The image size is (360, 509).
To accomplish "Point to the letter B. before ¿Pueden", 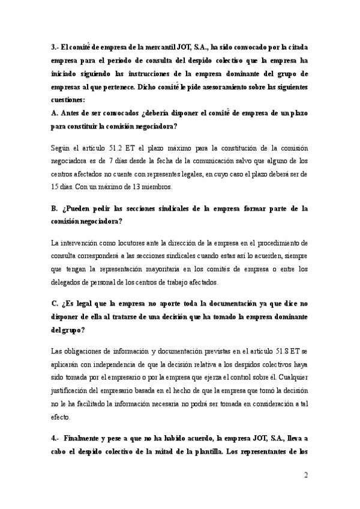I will [x=56, y=209].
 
